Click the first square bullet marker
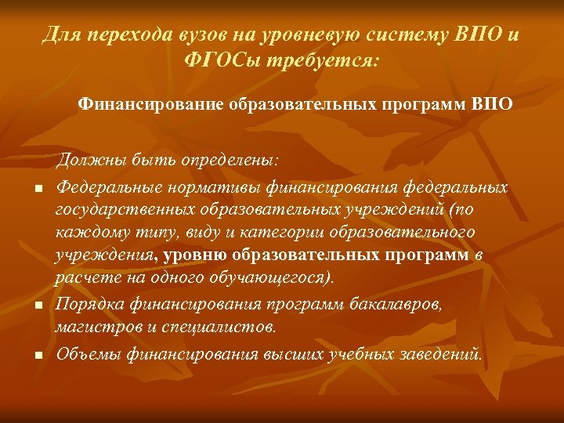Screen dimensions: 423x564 coord(36,188)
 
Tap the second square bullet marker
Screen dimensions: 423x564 coord(36,304)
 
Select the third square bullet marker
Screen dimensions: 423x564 coord(36,355)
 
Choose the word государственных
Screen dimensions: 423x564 coord(124,210)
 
